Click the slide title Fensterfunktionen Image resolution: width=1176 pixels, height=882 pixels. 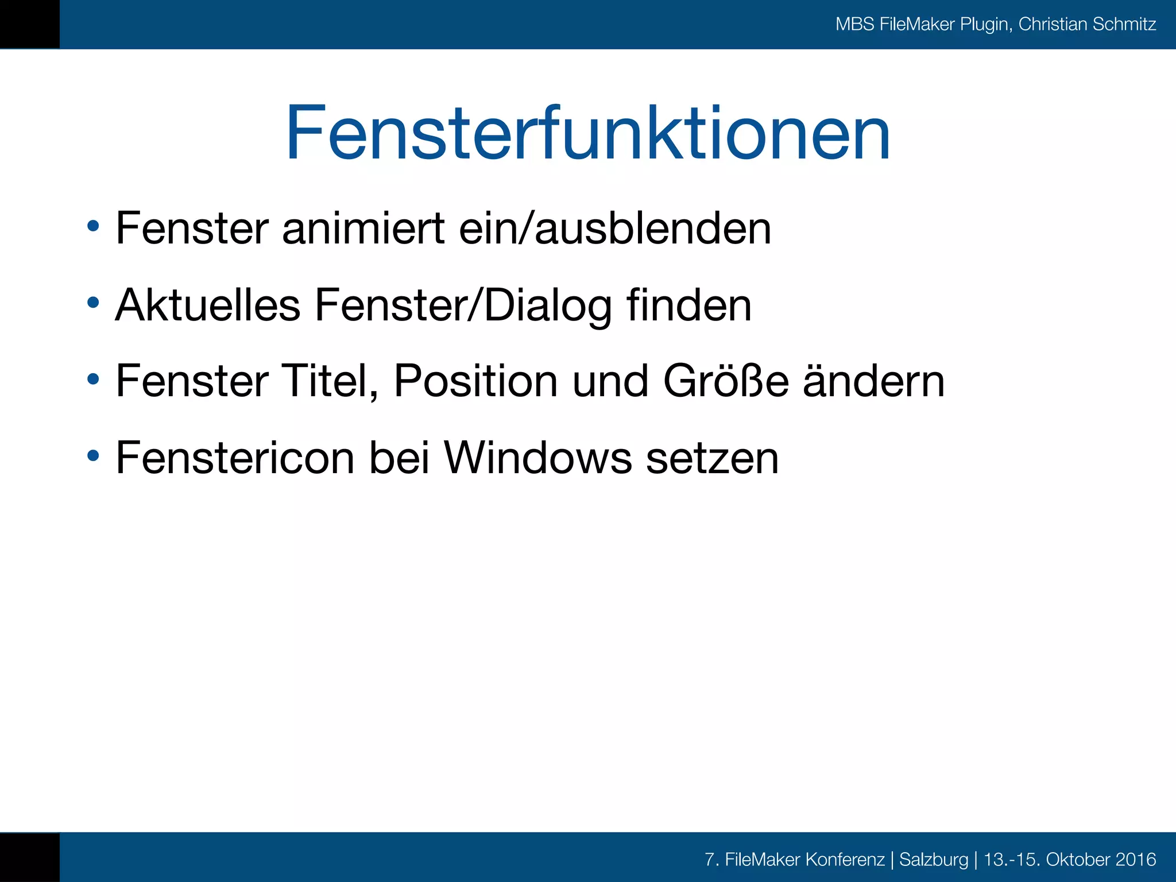[x=587, y=133]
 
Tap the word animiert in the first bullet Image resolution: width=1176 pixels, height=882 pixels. [x=363, y=229]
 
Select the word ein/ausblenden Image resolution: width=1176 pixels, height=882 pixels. [x=615, y=229]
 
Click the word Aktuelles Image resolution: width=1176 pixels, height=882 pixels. [x=208, y=305]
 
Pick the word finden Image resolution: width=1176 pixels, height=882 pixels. [x=688, y=305]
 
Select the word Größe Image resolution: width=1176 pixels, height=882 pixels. [x=726, y=381]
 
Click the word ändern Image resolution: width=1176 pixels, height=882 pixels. [x=873, y=382]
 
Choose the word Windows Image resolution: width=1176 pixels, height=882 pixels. [x=537, y=458]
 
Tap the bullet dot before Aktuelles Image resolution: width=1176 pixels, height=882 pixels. [x=93, y=302]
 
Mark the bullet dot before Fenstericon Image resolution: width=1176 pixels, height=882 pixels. [x=93, y=456]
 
